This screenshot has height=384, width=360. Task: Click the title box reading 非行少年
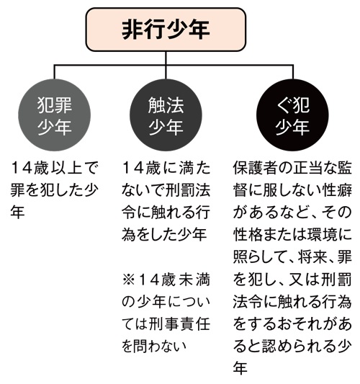(x=166, y=30)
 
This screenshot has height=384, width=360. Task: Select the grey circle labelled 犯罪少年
(x=54, y=115)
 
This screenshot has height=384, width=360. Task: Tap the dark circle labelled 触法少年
(x=166, y=115)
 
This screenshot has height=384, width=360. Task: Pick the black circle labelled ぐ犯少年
(x=292, y=115)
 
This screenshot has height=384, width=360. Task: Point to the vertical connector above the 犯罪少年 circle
(x=54, y=72)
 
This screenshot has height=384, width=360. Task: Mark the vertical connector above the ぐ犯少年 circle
(x=293, y=72)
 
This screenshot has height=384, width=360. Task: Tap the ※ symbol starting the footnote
(x=129, y=280)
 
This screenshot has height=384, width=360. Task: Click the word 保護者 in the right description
(x=255, y=168)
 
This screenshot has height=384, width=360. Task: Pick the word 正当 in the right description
(x=307, y=168)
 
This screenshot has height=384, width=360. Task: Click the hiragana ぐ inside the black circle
(x=283, y=105)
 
